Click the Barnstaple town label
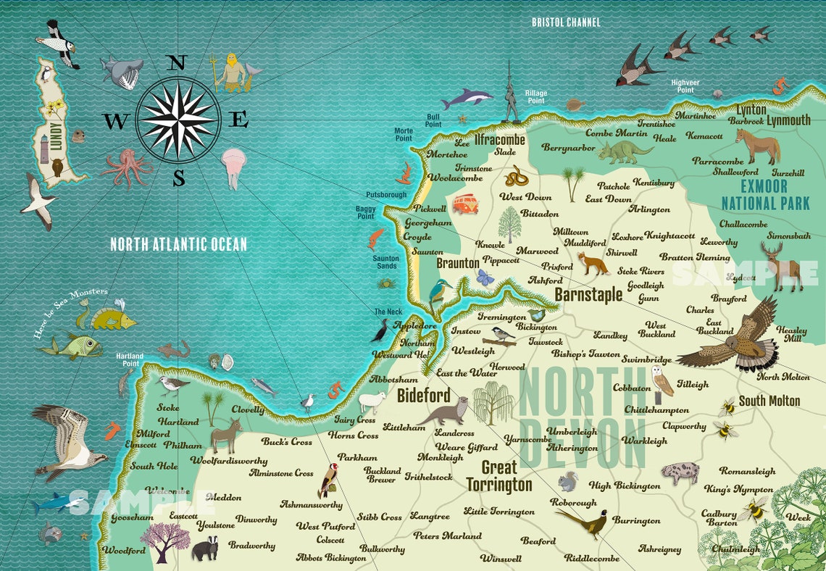tap(588, 294)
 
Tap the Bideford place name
tap(423, 396)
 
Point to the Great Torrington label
tap(498, 476)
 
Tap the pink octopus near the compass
tap(126, 167)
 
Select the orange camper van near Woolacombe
tap(464, 204)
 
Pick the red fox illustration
tap(592, 263)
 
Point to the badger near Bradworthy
tap(204, 547)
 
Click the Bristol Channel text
tap(566, 22)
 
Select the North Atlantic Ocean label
tap(178, 244)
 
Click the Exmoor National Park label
tap(764, 194)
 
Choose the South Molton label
tap(769, 401)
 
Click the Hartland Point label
tap(130, 359)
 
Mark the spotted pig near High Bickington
tap(680, 473)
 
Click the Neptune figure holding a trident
tap(232, 72)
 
